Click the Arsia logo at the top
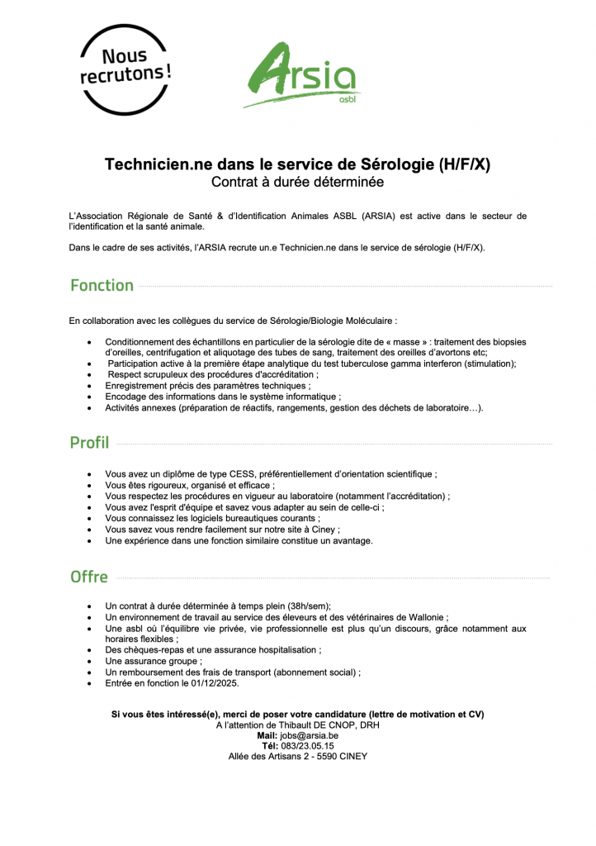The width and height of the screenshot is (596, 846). coord(301,75)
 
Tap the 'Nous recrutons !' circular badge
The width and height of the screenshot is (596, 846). coord(125,69)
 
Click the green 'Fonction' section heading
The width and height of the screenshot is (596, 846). coord(102,286)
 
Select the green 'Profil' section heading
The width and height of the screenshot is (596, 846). coord(89,443)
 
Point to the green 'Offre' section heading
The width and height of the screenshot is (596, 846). coord(89,577)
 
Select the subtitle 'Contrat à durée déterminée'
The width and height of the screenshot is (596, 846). coord(297,182)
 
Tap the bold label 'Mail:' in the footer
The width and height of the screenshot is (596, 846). coord(267,735)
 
